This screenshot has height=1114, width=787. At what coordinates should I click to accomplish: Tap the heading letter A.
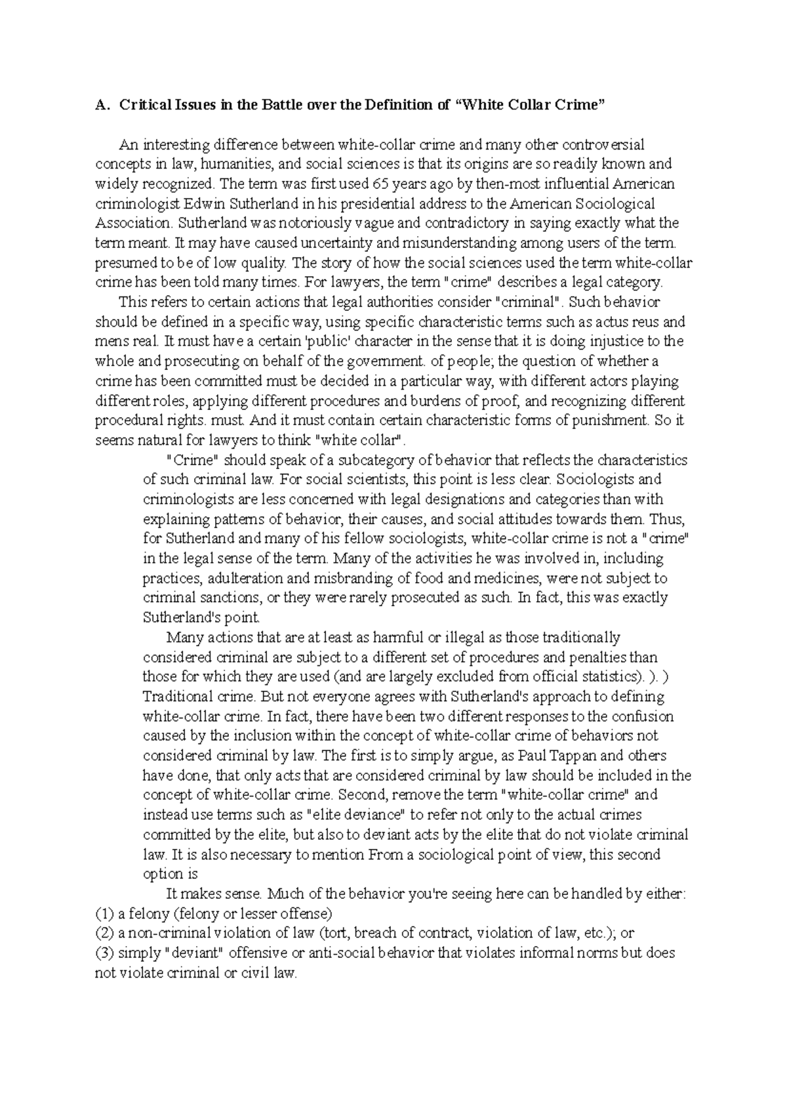pyautogui.click(x=100, y=105)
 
